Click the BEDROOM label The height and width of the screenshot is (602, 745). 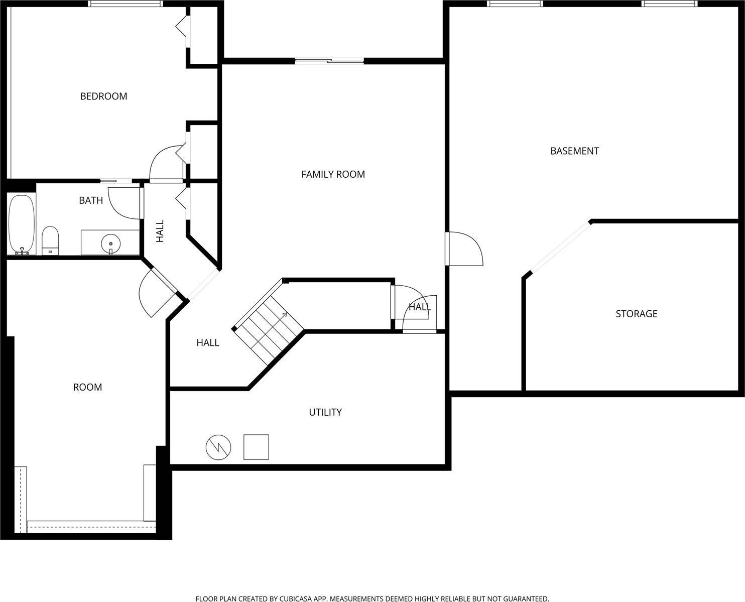(103, 96)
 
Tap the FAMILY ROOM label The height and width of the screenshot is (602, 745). (333, 174)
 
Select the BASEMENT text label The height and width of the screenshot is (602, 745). (574, 151)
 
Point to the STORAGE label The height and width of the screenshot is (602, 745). (636, 314)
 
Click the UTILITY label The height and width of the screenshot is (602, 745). (325, 412)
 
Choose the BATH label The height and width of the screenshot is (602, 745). (91, 200)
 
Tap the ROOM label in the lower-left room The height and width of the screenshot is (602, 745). (87, 387)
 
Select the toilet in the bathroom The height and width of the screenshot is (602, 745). (50, 240)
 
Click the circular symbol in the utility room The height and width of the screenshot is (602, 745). (218, 447)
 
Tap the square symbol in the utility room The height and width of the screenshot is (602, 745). (256, 447)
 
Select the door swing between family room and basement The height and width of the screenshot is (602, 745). (464, 249)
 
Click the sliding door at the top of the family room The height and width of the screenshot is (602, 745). (329, 61)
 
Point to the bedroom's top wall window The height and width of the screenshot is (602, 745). (126, 4)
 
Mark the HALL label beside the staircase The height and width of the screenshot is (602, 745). (207, 343)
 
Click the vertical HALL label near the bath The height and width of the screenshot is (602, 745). (160, 231)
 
